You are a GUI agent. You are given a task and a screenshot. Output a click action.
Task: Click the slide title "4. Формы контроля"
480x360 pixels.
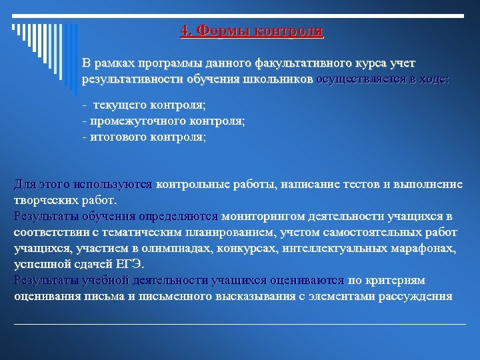pyautogui.click(x=251, y=31)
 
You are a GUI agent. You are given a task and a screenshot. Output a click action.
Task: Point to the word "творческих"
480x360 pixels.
pyautogui.click(x=43, y=200)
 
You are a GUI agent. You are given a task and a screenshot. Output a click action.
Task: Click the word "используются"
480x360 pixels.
pyautogui.click(x=115, y=184)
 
